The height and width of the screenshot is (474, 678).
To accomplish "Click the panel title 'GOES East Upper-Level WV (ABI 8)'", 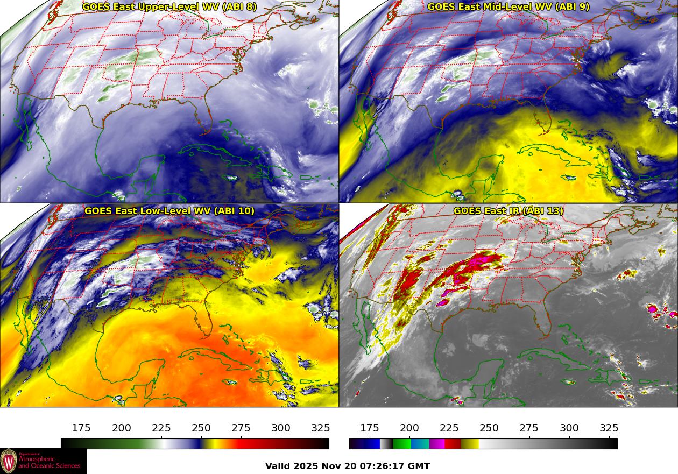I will click(169, 7).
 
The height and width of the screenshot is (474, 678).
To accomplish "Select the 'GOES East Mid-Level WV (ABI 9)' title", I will click(508, 7).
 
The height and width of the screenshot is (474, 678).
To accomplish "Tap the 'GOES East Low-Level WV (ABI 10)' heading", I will click(169, 211).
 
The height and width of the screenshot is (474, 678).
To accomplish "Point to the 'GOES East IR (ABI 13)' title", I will click(508, 211).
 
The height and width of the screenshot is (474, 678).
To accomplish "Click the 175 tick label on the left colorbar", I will click(81, 428).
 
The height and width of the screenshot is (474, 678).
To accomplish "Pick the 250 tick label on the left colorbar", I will click(201, 428).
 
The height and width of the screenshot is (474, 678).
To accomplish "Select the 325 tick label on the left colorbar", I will click(321, 428).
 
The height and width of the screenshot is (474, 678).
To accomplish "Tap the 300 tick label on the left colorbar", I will click(281, 428).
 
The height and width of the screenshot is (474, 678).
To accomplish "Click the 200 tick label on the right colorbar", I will click(409, 428).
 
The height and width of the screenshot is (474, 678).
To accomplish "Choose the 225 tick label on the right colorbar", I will click(449, 428).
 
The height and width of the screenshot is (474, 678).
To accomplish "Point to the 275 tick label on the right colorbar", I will click(529, 428).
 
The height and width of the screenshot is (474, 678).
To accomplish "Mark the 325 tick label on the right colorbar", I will click(609, 428).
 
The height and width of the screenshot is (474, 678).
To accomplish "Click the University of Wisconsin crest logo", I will click(9, 461).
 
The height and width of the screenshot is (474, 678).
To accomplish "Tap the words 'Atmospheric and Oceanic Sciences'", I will click(49, 462).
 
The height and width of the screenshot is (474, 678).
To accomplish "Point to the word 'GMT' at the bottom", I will click(418, 466).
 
